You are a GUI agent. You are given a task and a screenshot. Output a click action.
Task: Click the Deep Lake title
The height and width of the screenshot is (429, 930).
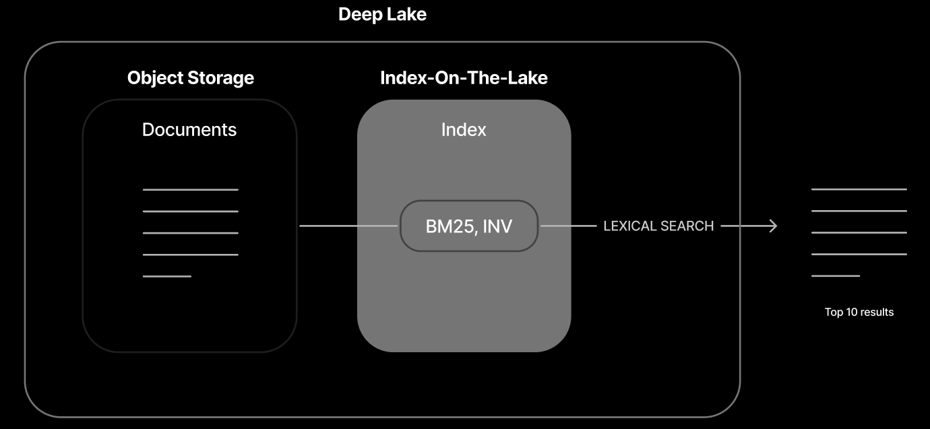pos(382,14)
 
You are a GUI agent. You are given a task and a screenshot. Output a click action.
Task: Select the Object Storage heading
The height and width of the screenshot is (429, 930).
pos(191,77)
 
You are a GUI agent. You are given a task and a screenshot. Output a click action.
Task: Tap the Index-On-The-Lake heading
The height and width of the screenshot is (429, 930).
pos(464,77)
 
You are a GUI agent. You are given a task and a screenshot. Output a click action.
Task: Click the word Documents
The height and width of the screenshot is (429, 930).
pos(189,129)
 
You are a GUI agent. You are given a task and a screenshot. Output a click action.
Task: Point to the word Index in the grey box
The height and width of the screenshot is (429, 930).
pos(464,129)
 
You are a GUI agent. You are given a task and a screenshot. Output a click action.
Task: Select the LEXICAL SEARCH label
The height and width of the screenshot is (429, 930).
pos(658,226)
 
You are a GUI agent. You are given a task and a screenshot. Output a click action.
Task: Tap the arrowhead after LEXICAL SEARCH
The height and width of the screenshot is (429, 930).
pos(773,226)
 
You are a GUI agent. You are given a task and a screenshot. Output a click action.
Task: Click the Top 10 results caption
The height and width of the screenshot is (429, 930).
pos(859,312)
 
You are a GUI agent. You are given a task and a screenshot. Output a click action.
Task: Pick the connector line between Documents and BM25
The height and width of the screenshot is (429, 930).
pos(348,226)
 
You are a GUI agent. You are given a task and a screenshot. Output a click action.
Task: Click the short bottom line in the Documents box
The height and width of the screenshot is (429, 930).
pos(167,276)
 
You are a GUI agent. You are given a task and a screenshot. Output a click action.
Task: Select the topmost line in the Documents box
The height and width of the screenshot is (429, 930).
pos(191,190)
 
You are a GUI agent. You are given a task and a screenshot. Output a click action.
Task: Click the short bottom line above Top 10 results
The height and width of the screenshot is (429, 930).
pos(836,275)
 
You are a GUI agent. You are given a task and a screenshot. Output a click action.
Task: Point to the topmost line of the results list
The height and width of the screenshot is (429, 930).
pos(859,189)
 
